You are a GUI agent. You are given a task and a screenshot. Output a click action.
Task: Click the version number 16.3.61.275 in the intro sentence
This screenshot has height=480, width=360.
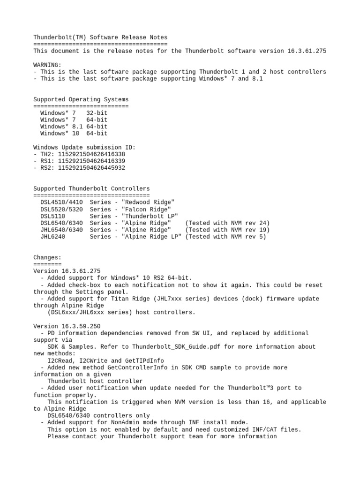point(305,51)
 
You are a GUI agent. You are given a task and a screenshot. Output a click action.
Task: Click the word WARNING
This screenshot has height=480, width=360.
point(45,65)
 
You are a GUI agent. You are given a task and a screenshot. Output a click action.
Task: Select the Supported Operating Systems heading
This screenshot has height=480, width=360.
point(81,99)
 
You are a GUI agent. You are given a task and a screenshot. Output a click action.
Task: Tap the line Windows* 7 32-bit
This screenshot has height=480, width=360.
point(74,113)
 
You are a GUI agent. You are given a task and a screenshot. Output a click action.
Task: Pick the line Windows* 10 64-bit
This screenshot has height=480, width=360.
point(74,134)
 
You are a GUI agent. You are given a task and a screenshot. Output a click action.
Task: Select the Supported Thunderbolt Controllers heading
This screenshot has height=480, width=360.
point(91,188)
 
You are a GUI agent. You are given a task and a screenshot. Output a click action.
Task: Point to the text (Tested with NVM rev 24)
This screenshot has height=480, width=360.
point(227,223)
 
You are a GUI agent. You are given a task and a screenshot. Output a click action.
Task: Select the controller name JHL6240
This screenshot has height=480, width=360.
point(53,237)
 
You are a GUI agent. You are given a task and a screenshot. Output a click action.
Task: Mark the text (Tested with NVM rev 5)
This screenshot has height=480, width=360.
point(225,237)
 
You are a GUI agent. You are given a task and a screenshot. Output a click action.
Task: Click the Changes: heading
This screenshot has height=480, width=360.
point(47,257)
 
